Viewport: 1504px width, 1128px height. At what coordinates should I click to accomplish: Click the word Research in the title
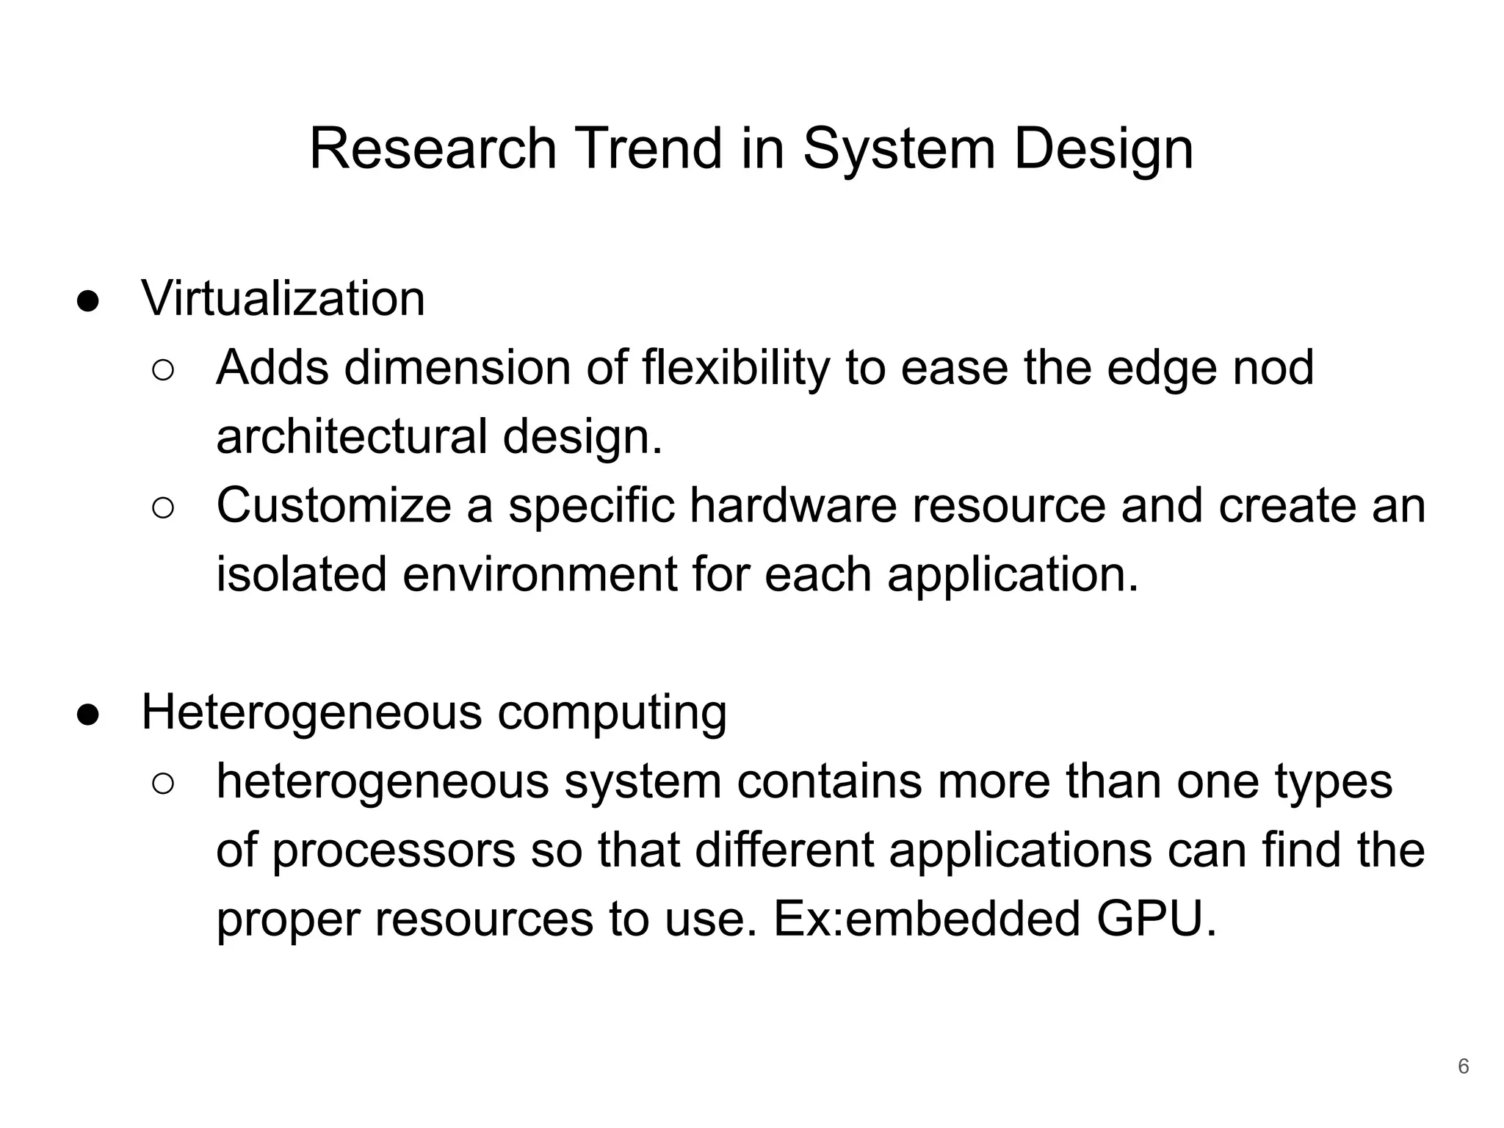pos(433,149)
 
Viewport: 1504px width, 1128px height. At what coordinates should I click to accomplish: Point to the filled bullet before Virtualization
pos(87,302)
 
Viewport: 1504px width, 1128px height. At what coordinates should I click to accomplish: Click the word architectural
pos(352,435)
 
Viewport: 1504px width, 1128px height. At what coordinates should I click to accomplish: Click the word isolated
pos(301,574)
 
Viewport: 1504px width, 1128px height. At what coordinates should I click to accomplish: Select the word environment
pos(540,574)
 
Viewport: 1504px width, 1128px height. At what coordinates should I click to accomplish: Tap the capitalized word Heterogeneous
pos(311,712)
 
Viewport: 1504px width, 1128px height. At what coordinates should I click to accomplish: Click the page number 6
pos(1463,1066)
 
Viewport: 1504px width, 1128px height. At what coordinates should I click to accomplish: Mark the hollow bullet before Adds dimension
pos(163,371)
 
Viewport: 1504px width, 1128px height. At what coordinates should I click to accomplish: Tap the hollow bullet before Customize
pos(163,509)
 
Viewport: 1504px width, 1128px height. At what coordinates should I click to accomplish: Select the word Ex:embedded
pos(927,919)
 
